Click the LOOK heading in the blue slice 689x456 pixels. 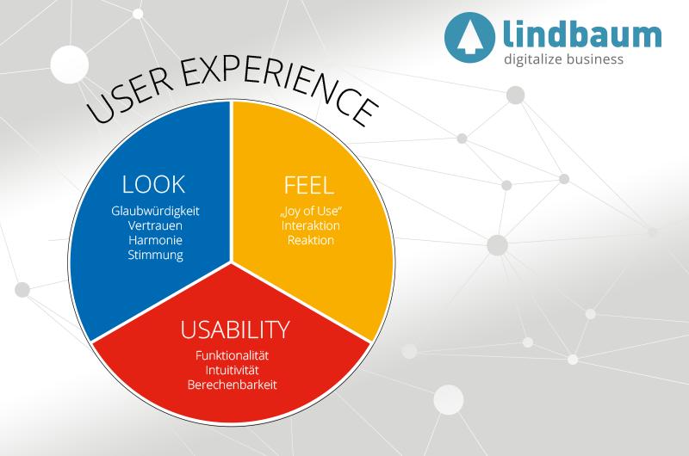(x=154, y=184)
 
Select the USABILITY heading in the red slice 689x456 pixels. (x=234, y=330)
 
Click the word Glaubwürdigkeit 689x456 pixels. (x=156, y=211)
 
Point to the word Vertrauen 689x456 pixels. (x=156, y=225)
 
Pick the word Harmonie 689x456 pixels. (x=156, y=240)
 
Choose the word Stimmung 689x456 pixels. (x=156, y=256)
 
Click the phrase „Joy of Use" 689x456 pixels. (x=311, y=211)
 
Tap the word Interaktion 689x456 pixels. (x=311, y=225)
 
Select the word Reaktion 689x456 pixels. (x=311, y=240)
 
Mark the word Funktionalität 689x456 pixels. (x=233, y=354)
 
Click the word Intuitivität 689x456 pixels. (x=233, y=369)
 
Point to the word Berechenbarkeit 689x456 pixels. (x=233, y=385)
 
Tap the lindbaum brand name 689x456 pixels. (x=582, y=34)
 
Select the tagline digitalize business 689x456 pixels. (x=564, y=59)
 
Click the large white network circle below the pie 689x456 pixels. (x=448, y=400)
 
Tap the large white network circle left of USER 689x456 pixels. (x=70, y=64)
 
